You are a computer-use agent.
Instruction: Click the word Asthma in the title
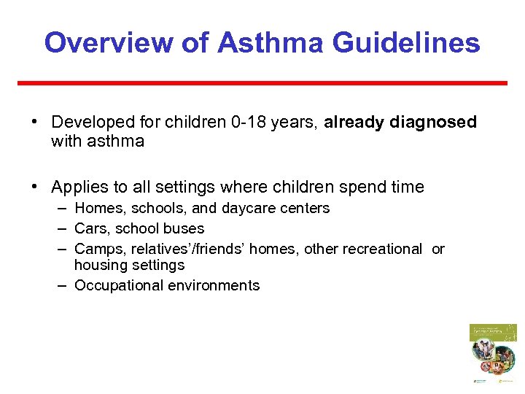[270, 42]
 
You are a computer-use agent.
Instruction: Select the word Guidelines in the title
[406, 42]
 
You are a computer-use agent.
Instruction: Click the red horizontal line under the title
[262, 83]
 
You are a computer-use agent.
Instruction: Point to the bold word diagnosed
[433, 123]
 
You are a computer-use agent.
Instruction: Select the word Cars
[91, 228]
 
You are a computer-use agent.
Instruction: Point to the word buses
[185, 228]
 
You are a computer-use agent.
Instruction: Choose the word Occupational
[119, 285]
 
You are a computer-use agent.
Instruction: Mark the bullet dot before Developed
[35, 122]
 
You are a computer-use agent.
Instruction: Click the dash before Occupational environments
[64, 285]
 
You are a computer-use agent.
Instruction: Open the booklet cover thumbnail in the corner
[492, 353]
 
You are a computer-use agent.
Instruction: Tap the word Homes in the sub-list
[96, 209]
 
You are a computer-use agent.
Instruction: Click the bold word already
[354, 123]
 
